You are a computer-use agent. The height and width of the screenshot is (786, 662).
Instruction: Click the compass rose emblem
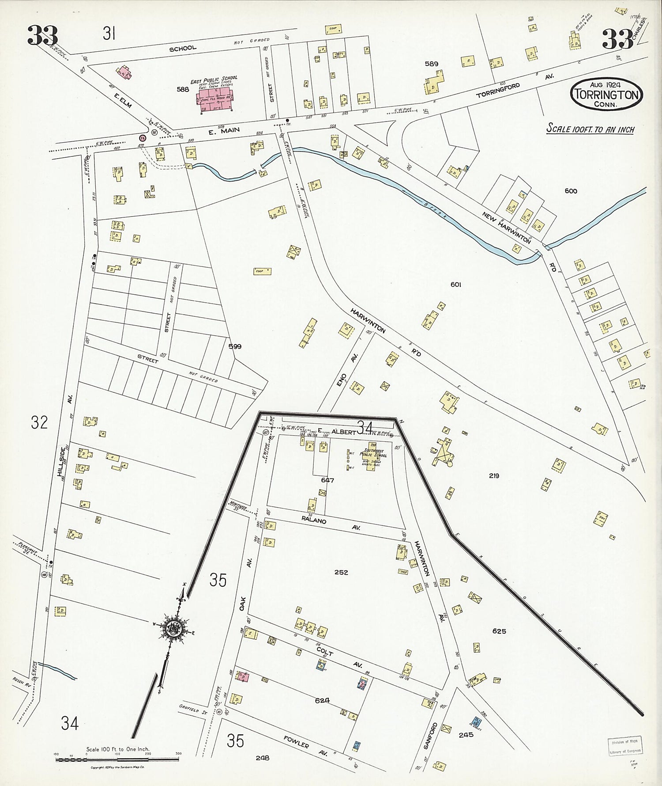[171, 627]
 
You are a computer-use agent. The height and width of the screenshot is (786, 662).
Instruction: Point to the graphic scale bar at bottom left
[117, 759]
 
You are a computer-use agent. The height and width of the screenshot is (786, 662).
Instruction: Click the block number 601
[456, 285]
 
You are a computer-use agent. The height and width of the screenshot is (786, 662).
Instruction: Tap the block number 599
[235, 346]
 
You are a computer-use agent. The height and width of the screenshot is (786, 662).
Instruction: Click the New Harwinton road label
[506, 227]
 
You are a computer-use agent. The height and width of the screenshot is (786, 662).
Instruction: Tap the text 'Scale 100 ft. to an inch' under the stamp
[590, 129]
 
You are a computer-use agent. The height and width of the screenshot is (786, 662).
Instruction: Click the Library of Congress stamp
[624, 747]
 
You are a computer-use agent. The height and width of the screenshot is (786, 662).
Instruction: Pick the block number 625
[499, 631]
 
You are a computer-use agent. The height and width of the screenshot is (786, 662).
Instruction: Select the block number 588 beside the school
[183, 89]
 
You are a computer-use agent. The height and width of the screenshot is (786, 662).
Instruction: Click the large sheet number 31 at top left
[109, 33]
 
